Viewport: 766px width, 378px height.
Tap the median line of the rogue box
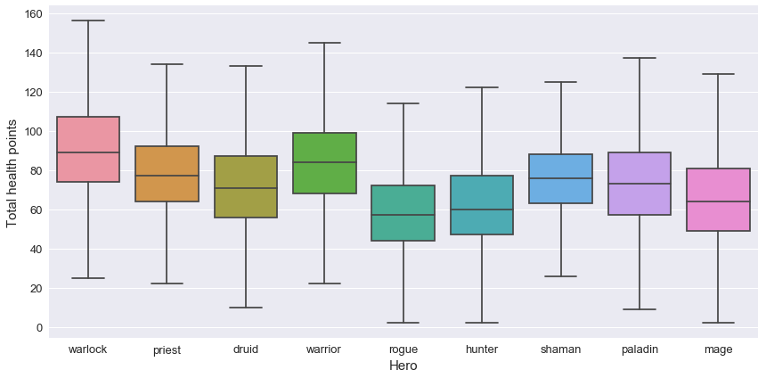(x=403, y=215)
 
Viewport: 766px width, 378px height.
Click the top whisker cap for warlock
(x=88, y=21)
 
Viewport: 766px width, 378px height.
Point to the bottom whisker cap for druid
(x=246, y=308)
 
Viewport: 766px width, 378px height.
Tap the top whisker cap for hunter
(x=482, y=87)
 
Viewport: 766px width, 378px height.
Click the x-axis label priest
(x=167, y=350)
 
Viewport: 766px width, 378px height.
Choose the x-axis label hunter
(x=482, y=349)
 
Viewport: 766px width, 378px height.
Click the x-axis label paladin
(x=640, y=349)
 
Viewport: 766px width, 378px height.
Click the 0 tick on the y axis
(x=39, y=328)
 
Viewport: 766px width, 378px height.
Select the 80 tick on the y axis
(x=35, y=171)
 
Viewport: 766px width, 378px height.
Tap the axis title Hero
(x=403, y=366)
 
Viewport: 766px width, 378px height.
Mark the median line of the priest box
(x=167, y=176)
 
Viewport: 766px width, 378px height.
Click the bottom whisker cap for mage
(x=719, y=323)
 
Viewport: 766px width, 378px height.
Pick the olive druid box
(x=246, y=186)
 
